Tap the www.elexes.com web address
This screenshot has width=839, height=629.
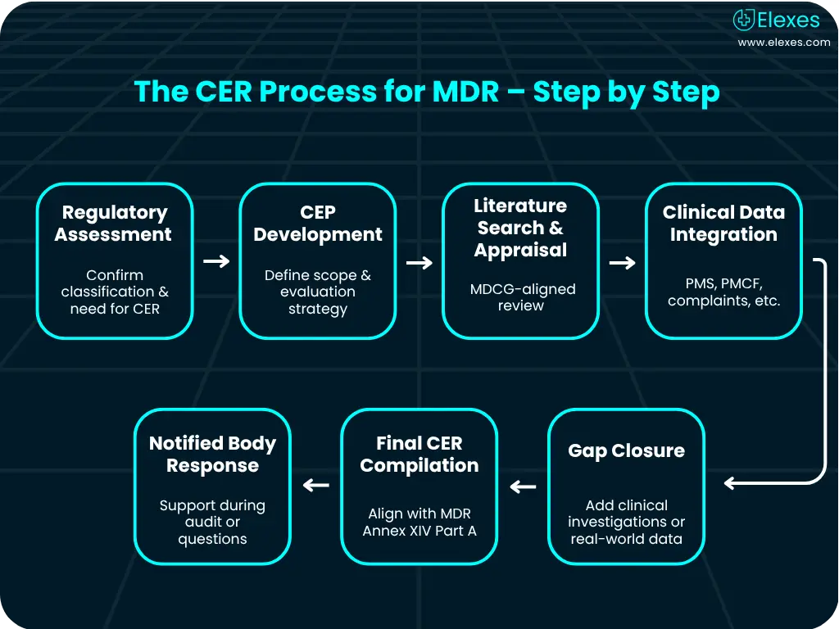[783, 43]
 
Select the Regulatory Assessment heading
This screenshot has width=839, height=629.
[114, 224]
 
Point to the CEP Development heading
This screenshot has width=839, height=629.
[318, 224]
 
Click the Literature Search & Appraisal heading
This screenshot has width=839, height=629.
[520, 228]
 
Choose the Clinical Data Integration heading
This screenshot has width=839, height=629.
[723, 224]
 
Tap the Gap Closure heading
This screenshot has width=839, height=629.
[626, 451]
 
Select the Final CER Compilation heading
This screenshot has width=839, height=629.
[419, 455]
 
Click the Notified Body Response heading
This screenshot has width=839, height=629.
[212, 455]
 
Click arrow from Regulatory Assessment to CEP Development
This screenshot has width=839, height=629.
[216, 261]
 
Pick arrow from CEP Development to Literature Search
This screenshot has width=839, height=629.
[419, 262]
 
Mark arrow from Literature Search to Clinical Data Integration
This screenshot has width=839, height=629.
[623, 262]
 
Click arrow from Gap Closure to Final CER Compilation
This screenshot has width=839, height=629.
[523, 486]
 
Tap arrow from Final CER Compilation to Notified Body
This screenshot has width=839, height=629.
[316, 485]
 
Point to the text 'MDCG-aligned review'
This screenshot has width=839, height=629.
[522, 297]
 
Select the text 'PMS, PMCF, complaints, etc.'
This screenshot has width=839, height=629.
[723, 292]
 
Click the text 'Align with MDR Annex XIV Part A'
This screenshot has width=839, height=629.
[419, 523]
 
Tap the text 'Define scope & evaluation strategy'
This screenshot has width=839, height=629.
[318, 292]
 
